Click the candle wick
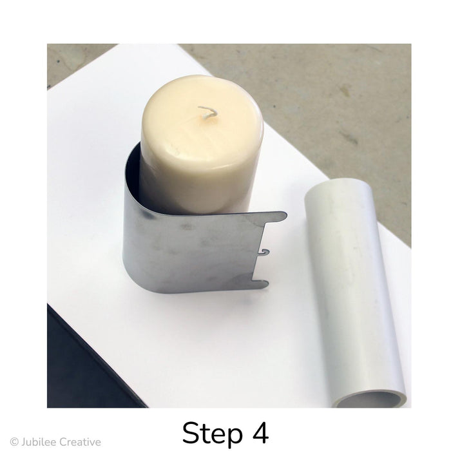point(207,112)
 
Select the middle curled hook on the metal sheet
point(265,253)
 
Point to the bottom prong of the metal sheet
point(260,284)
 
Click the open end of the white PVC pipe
point(370,397)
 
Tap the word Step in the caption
point(212,434)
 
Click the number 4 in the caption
point(261,433)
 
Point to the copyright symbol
point(14,442)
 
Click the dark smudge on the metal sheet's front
point(187,227)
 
